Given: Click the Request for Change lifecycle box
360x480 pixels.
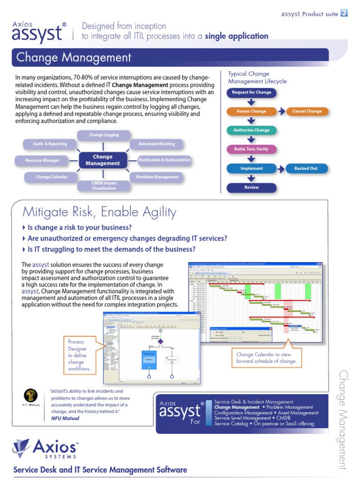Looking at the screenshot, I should coord(251,92).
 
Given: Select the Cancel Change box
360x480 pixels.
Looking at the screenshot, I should coord(307,112).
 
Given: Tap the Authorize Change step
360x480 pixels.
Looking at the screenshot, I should coord(251,130).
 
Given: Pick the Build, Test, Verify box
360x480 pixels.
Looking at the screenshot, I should coord(251,150).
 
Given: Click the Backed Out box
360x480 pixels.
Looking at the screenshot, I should coord(306,169).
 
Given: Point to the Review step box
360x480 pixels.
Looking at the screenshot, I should coord(251,187).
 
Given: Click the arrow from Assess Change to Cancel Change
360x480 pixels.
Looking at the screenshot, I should coord(281,112).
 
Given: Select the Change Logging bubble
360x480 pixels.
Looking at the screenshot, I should coord(104,135).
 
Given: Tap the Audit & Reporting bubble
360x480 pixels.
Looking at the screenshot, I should coord(50,144).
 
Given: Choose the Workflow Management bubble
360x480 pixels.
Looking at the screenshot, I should coord(157,177).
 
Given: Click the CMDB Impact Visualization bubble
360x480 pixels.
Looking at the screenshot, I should coord(104,186).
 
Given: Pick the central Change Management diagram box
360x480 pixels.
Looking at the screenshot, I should coord(103,160).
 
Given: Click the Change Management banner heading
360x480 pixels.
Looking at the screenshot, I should coord(74,58).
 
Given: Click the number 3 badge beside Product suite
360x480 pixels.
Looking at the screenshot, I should coord(344,14).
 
